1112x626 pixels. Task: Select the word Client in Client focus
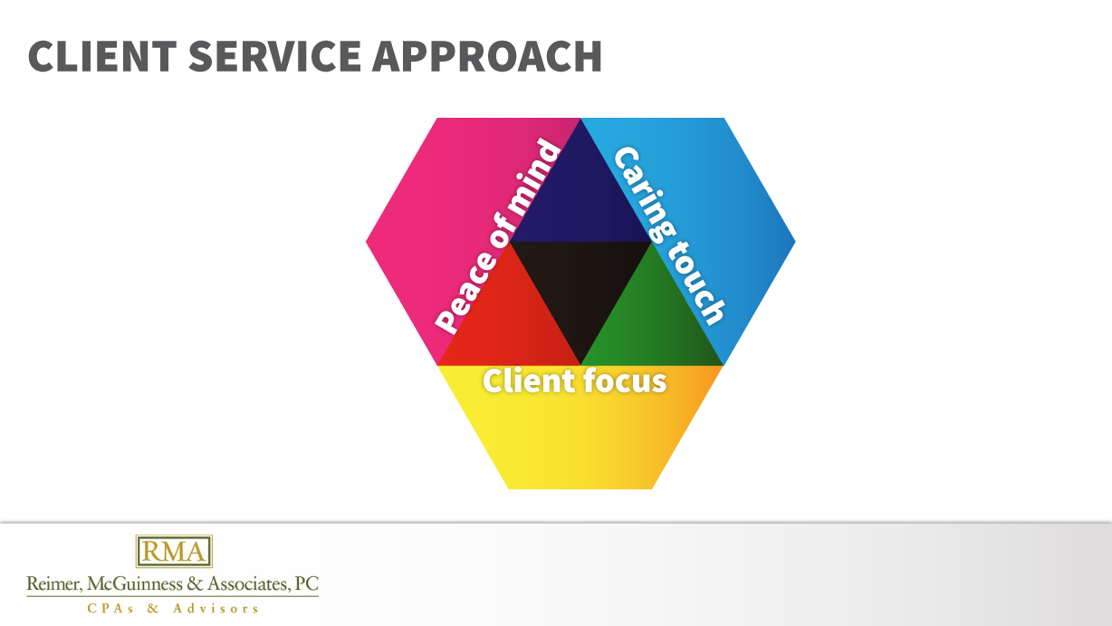(521, 381)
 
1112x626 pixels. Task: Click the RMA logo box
(174, 551)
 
